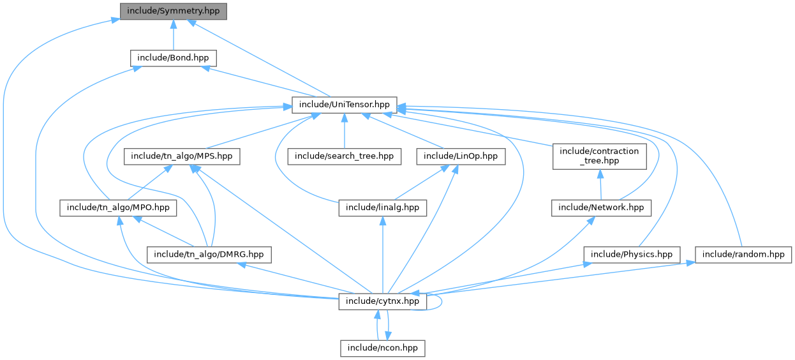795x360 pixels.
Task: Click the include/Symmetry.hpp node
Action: pos(173,11)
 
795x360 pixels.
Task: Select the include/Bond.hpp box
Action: pos(173,58)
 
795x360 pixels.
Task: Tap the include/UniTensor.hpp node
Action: pos(345,105)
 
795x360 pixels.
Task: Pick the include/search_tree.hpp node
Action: pos(345,156)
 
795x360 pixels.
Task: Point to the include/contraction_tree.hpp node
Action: pos(599,156)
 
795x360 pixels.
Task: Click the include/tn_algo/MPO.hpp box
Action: pos(118,207)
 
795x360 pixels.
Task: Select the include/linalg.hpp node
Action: pos(382,207)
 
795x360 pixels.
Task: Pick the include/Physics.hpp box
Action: pos(632,254)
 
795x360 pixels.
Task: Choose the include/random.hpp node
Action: pos(743,254)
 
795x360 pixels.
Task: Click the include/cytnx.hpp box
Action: pos(382,301)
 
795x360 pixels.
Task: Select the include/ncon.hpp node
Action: pos(382,348)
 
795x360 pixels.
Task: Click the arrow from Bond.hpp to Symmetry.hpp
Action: pos(173,35)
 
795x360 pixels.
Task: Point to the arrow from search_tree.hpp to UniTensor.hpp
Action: pos(345,130)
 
